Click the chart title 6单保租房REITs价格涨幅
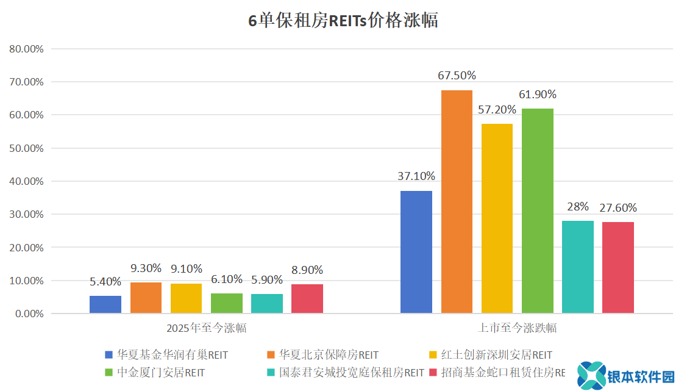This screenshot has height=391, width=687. (x=343, y=21)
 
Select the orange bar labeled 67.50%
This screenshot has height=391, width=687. (x=457, y=202)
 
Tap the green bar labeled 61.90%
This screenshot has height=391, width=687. (x=537, y=211)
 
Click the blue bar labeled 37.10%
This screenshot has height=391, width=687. (x=416, y=252)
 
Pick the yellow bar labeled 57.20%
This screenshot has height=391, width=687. (x=497, y=218)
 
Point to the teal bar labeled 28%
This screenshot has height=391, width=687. (x=577, y=267)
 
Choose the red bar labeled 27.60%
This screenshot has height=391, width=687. (x=618, y=268)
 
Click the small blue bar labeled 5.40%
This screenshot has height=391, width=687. (x=105, y=304)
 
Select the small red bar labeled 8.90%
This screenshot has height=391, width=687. (x=307, y=299)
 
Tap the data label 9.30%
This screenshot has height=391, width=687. (x=146, y=268)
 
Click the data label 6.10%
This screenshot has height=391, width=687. (x=227, y=278)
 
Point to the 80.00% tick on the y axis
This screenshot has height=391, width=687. (x=26, y=49)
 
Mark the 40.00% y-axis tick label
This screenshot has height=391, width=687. (x=26, y=181)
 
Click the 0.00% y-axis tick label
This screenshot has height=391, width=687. (x=29, y=314)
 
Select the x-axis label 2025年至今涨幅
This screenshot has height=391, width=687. (x=207, y=328)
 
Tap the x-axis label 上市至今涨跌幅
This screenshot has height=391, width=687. (x=518, y=328)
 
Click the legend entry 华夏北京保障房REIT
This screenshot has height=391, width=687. (x=329, y=355)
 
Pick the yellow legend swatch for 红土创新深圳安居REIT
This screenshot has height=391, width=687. (x=433, y=355)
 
